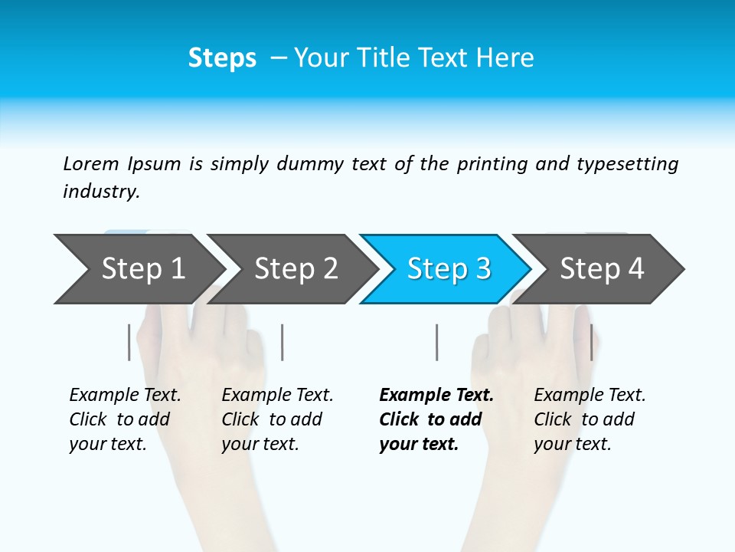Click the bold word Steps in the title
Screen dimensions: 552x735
(x=222, y=58)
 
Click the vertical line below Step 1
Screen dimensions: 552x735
(x=129, y=342)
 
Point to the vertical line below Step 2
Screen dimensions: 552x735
(x=283, y=342)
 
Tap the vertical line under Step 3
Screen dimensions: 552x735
(x=436, y=342)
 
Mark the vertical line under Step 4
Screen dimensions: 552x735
(x=591, y=342)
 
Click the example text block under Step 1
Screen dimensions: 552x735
(x=125, y=419)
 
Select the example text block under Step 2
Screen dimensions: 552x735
(x=277, y=419)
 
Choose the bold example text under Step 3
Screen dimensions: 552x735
(x=436, y=419)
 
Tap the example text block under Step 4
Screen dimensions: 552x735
(x=590, y=419)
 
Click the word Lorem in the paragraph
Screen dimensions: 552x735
(x=91, y=164)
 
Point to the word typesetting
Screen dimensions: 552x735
(x=627, y=164)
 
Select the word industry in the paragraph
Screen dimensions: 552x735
(x=101, y=192)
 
